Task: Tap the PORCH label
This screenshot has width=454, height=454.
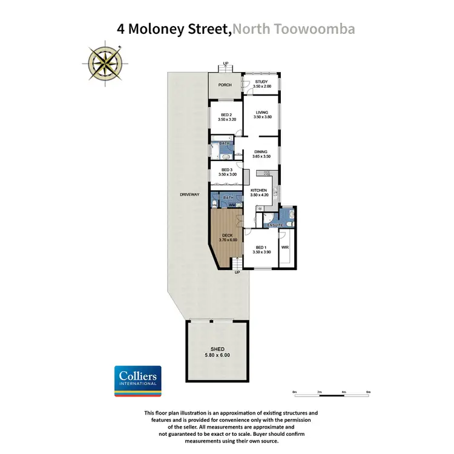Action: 225,85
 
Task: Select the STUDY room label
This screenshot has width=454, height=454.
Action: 262,81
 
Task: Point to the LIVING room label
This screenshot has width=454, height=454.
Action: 262,112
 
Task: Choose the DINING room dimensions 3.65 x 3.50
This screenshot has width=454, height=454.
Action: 262,156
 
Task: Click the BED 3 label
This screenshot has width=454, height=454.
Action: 227,170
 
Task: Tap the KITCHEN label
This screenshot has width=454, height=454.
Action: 259,191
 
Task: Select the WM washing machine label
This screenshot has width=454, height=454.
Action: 232,206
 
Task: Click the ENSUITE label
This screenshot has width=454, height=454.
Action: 276,225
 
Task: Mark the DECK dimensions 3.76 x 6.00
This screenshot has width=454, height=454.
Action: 227,240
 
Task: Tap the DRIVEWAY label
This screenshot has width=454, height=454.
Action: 189,194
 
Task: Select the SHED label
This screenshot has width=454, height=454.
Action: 217,349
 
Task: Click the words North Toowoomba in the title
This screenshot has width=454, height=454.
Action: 295,28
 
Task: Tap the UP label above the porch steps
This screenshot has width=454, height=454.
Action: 226,63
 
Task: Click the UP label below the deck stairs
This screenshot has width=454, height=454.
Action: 237,273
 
